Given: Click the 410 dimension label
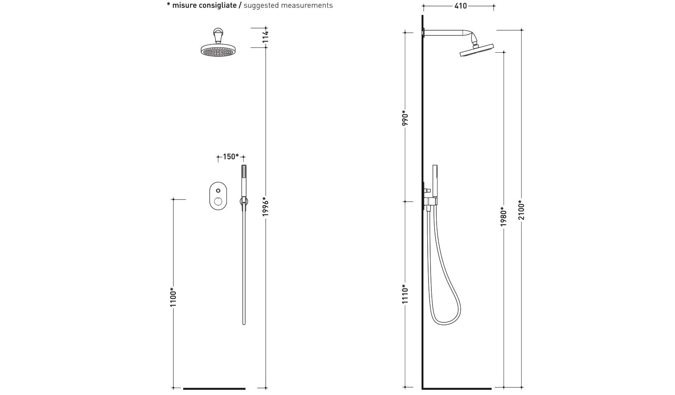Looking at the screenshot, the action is tap(460, 6).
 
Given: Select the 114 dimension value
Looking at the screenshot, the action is tap(266, 36).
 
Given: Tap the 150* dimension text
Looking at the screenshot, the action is tap(231, 157).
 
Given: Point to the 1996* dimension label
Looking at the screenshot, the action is tap(266, 206).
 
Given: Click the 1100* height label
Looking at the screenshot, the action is tap(173, 297).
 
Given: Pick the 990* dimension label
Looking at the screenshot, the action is tap(405, 118).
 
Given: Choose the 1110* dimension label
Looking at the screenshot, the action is tap(405, 294).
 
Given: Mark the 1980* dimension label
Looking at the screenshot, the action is tap(504, 216).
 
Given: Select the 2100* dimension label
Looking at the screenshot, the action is tap(522, 210).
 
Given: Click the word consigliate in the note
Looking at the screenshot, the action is tap(204, 5).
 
